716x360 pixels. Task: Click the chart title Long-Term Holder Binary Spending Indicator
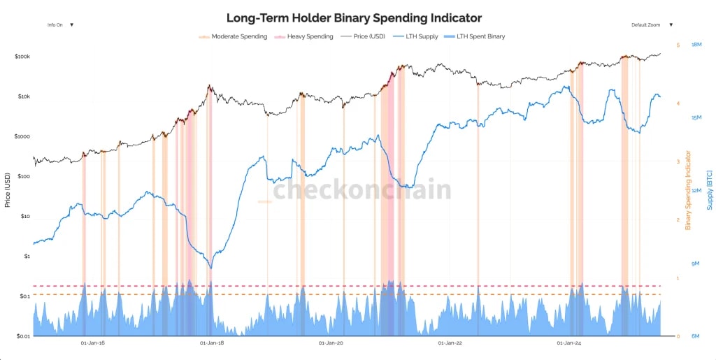354,17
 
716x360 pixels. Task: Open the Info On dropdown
60,24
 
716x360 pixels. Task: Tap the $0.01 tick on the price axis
22,336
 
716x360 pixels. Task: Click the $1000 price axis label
22,136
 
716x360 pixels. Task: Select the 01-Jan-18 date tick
211,343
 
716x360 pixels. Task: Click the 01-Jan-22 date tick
450,343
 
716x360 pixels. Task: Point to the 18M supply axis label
696,45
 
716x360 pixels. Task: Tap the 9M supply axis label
696,264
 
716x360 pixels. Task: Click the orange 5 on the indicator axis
677,45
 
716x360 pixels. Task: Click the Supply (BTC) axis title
709,190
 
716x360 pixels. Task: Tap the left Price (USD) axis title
8,190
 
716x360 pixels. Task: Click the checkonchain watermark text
361,190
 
